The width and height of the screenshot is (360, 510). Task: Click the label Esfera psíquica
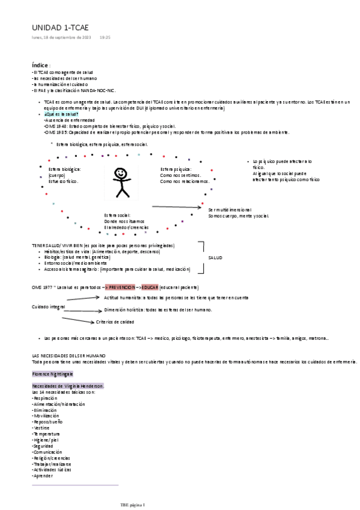pyautogui.click(x=175, y=169)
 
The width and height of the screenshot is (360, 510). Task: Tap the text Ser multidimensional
pyautogui.click(x=230, y=209)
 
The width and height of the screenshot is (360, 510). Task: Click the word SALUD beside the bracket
pyautogui.click(x=215, y=257)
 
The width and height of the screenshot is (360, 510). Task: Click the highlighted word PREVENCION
pyautogui.click(x=121, y=287)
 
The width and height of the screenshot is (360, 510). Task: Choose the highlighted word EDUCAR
pyautogui.click(x=150, y=287)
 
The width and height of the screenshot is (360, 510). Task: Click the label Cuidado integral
pyautogui.click(x=48, y=307)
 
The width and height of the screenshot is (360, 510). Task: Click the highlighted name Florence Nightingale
pyautogui.click(x=52, y=374)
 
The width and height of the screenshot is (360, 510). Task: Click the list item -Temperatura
pyautogui.click(x=46, y=434)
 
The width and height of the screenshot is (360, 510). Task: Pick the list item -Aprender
pyautogui.click(x=43, y=475)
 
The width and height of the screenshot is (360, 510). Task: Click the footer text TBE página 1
pyautogui.click(x=133, y=504)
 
